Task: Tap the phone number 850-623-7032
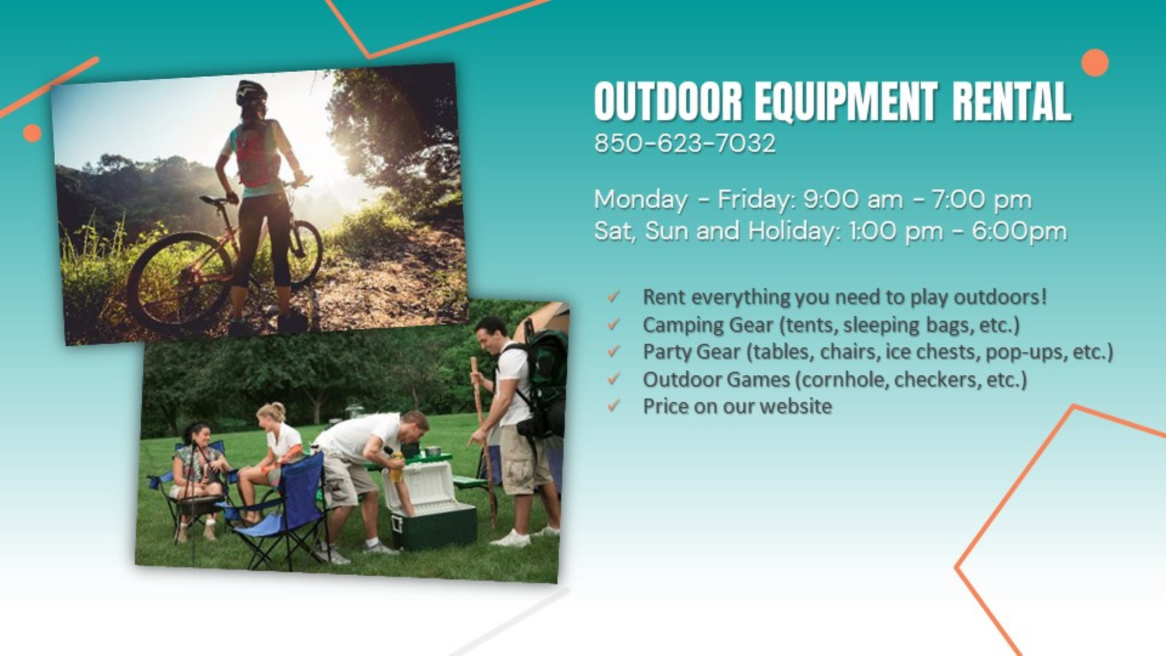[685, 144]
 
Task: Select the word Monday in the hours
[641, 200]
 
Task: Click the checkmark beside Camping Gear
[614, 324]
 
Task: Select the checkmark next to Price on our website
[614, 405]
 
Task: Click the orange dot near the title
[1095, 63]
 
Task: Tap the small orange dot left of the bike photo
[32, 133]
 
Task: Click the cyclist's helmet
[251, 92]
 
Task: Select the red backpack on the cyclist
[256, 154]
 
